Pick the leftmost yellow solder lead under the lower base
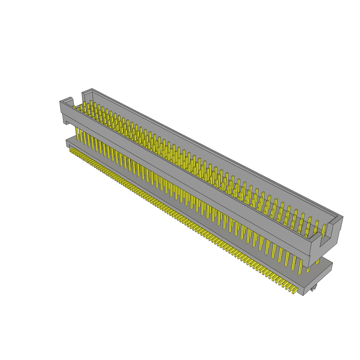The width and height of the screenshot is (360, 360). click(x=71, y=150)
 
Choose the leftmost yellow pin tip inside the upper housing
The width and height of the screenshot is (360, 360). click(x=74, y=107)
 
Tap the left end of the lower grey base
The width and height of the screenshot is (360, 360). click(x=67, y=142)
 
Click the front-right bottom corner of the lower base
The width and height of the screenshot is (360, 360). click(x=303, y=295)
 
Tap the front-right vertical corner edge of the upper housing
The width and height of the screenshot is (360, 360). click(x=309, y=253)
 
